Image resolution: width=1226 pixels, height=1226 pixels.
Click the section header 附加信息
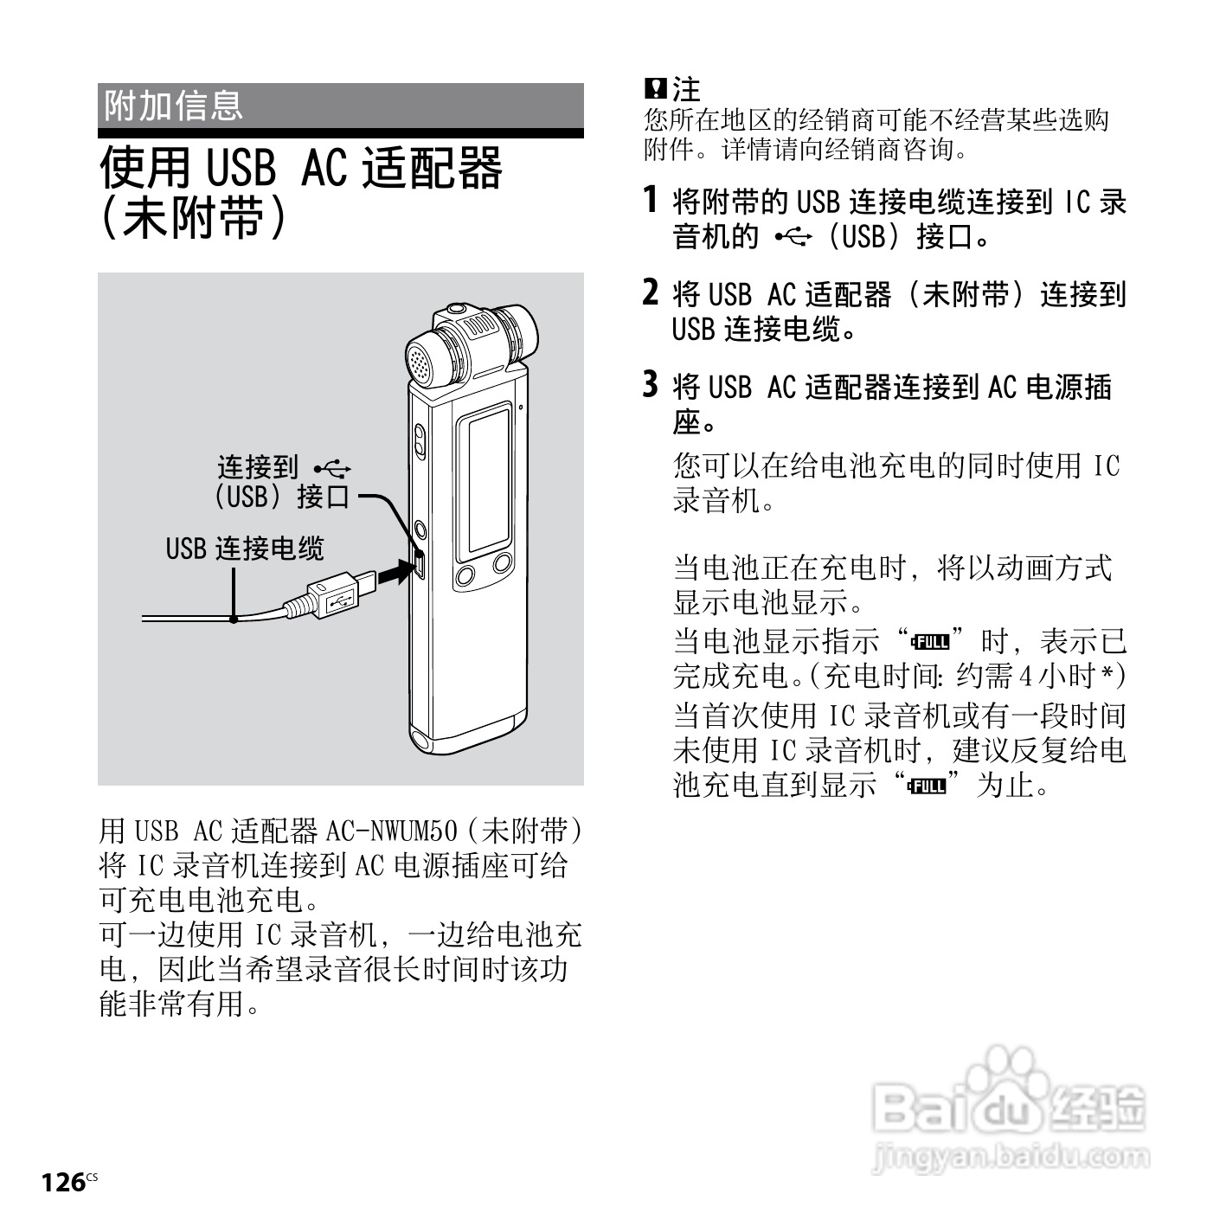coord(173,106)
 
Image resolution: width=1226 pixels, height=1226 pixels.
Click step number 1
coord(651,200)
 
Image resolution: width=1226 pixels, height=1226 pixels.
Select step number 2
coord(651,292)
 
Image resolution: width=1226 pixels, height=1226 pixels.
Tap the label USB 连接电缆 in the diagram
coord(245,549)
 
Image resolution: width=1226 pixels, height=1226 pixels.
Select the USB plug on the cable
coord(337,596)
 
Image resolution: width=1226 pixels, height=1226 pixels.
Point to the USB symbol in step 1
coord(793,237)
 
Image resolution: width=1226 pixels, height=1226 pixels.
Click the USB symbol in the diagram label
coord(332,469)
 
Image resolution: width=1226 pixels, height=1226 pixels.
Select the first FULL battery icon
coord(929,642)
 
